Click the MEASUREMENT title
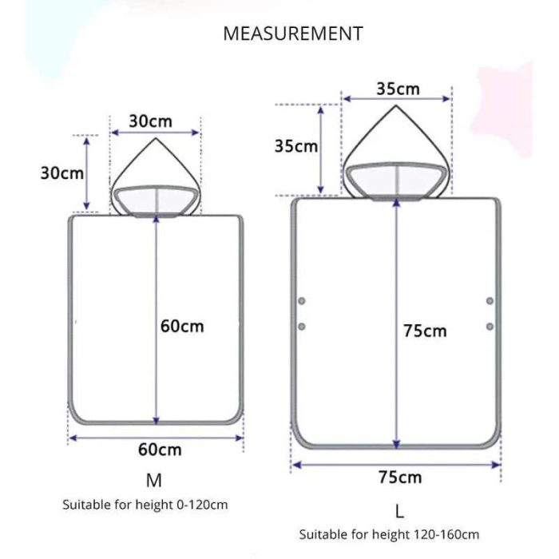coord(293,34)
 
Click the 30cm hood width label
coord(150,121)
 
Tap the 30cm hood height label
coord(62,173)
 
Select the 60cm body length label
coord(182,326)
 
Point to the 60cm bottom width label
coord(160,450)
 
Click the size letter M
coord(154,481)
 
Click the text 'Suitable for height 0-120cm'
coord(145,505)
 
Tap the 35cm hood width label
coord(398,89)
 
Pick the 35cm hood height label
coord(296,146)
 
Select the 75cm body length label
coord(425,331)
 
